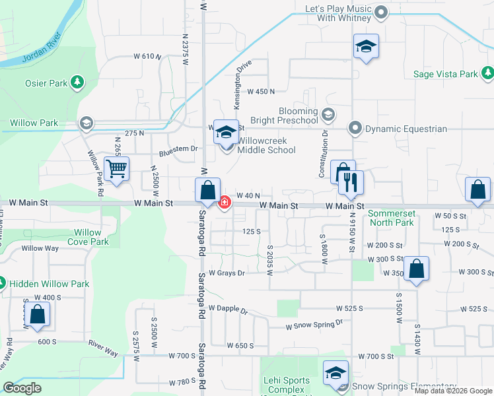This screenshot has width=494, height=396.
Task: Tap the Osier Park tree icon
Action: pyautogui.click(x=79, y=82)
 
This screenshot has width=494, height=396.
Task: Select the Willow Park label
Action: pyautogui.click(x=34, y=123)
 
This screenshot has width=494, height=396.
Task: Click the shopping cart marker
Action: pyautogui.click(x=116, y=169)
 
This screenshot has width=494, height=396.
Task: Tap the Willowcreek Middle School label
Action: pyautogui.click(x=266, y=145)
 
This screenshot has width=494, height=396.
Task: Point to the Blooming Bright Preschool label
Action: pyautogui.click(x=289, y=116)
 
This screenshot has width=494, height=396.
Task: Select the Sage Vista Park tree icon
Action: pyautogui.click(x=487, y=73)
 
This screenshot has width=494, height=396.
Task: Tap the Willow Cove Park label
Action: pyautogui.click(x=88, y=237)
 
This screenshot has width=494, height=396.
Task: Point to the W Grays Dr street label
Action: pyautogui.click(x=227, y=273)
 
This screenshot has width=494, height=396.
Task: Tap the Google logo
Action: pyautogui.click(x=22, y=388)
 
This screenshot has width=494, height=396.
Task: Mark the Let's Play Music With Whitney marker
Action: pyautogui.click(x=380, y=13)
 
